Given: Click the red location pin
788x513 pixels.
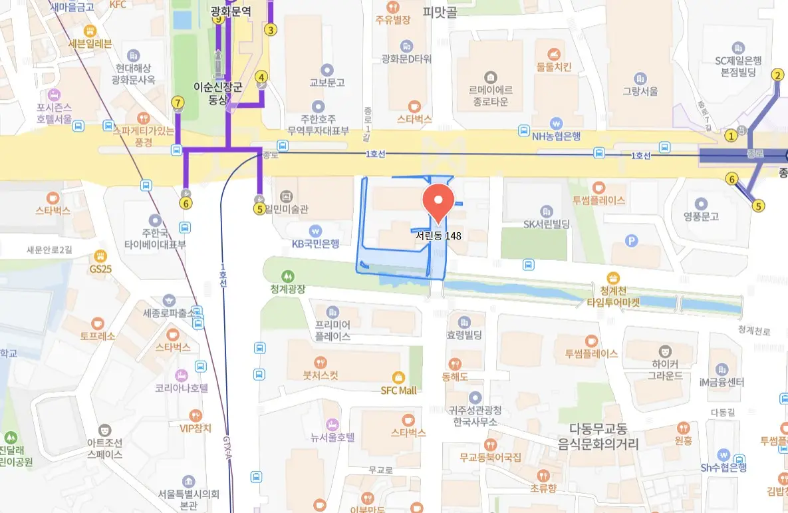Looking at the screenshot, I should [x=438, y=202].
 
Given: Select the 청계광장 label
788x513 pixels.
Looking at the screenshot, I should [x=287, y=289].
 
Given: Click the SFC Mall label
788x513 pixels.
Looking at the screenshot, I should [x=399, y=391].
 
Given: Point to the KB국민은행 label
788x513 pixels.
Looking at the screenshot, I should [x=316, y=244].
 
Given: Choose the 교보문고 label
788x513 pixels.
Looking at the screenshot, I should [x=327, y=83].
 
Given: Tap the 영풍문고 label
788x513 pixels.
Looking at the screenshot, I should [x=701, y=216].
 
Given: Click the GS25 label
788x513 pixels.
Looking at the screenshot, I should [x=100, y=269].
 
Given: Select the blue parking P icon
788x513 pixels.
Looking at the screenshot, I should [x=632, y=242].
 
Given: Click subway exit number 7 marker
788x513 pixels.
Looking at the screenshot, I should [x=178, y=102].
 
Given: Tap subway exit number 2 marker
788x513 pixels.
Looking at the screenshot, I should [x=777, y=75].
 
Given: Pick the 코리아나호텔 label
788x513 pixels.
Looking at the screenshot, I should [x=182, y=388].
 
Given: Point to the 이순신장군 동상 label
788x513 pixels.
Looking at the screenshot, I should [x=217, y=93].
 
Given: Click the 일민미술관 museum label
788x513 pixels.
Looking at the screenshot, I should [x=291, y=209].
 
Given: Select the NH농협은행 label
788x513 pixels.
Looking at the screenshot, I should [x=556, y=136].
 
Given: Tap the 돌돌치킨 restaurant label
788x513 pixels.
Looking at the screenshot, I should [x=554, y=67].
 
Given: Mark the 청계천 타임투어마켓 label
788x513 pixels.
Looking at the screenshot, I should [x=612, y=295].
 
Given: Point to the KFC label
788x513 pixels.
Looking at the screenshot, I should [x=117, y=5].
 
